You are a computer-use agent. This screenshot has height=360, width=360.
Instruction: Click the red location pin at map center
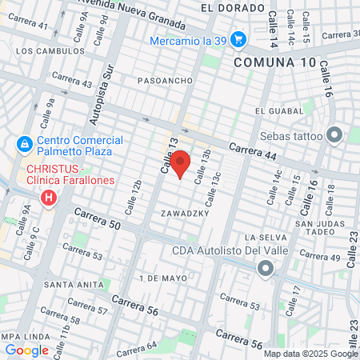click(x=181, y=163)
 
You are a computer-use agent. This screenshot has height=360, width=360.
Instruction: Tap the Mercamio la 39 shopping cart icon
click(x=238, y=38)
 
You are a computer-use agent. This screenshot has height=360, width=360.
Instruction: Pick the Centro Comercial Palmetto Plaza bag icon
click(x=25, y=144)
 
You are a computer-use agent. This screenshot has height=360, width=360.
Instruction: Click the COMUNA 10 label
click(x=270, y=62)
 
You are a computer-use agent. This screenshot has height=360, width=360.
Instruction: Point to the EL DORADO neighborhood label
click(x=233, y=7)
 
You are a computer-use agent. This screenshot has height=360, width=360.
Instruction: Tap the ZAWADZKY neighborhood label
click(x=184, y=214)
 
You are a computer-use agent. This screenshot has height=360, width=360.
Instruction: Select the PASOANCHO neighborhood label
click(x=162, y=81)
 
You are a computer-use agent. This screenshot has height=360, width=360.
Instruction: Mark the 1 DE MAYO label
click(x=162, y=278)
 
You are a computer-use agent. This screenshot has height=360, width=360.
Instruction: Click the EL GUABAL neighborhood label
click(x=276, y=110)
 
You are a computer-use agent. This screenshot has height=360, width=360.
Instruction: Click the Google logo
click(x=26, y=350)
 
